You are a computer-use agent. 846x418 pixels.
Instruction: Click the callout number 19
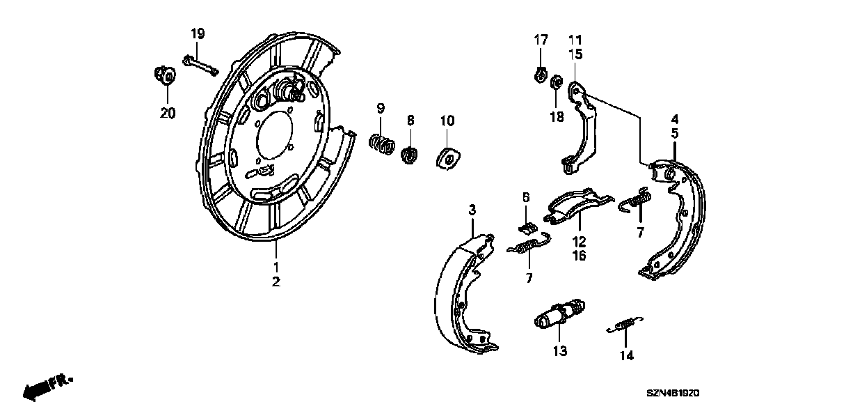coord(198,33)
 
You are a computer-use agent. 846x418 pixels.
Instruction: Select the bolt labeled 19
coord(200,65)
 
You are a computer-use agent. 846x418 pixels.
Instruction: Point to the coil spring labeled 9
coord(381,144)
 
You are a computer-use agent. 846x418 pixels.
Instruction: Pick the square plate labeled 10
coord(448,159)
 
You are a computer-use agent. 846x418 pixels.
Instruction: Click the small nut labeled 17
coord(541,74)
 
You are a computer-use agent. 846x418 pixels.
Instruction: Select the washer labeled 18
coord(557,84)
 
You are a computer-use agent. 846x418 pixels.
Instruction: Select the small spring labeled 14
coord(625,325)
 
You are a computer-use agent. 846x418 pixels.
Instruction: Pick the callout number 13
coord(560,350)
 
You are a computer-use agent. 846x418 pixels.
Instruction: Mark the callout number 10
coord(447,121)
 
